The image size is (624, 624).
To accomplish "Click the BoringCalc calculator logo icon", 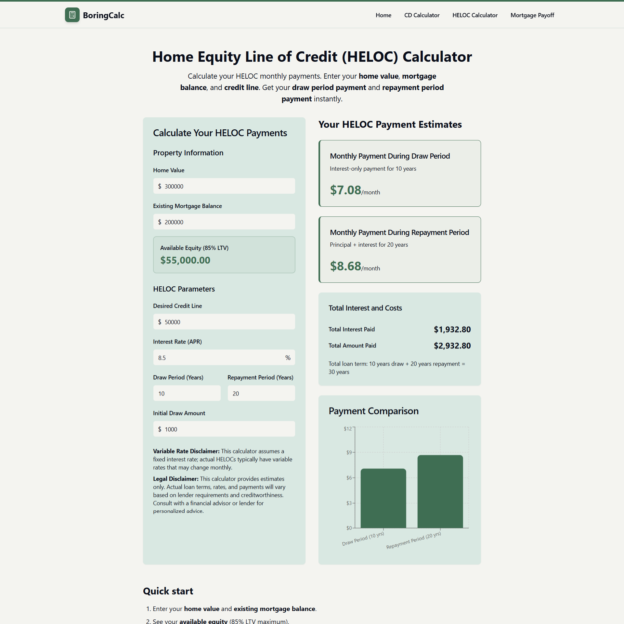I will tap(72, 15).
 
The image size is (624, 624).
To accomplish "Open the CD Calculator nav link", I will tap(422, 15).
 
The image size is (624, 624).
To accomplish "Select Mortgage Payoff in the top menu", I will tap(532, 15).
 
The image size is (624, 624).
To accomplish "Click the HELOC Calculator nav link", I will tap(474, 15).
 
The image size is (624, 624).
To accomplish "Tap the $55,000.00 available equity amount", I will tap(185, 260).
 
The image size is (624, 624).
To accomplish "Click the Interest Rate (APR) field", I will tap(218, 357).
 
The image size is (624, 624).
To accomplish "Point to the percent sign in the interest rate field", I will tap(288, 357).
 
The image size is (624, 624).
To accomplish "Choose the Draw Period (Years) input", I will tap(187, 393).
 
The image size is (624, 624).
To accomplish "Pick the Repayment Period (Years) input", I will tap(261, 393).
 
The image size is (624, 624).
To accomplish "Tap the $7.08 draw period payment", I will tap(345, 190).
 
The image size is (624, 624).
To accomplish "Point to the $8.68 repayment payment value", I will tap(345, 266).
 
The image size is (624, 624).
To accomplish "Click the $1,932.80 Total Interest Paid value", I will tap(452, 330).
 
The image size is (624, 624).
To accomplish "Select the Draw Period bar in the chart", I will tap(383, 498).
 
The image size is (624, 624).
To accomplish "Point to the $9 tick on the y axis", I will tap(349, 452).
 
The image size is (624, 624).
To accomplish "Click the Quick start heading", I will tap(168, 591).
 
